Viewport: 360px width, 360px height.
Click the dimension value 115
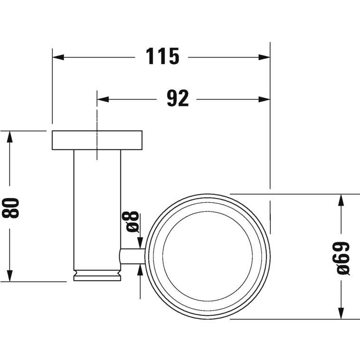click(162, 57)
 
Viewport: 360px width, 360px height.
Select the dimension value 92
click(178, 99)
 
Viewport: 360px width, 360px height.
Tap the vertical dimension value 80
click(11, 207)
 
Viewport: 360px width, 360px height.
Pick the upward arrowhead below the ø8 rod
click(141, 270)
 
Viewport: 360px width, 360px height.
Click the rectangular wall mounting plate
click(97, 140)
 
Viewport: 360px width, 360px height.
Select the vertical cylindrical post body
click(97, 209)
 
